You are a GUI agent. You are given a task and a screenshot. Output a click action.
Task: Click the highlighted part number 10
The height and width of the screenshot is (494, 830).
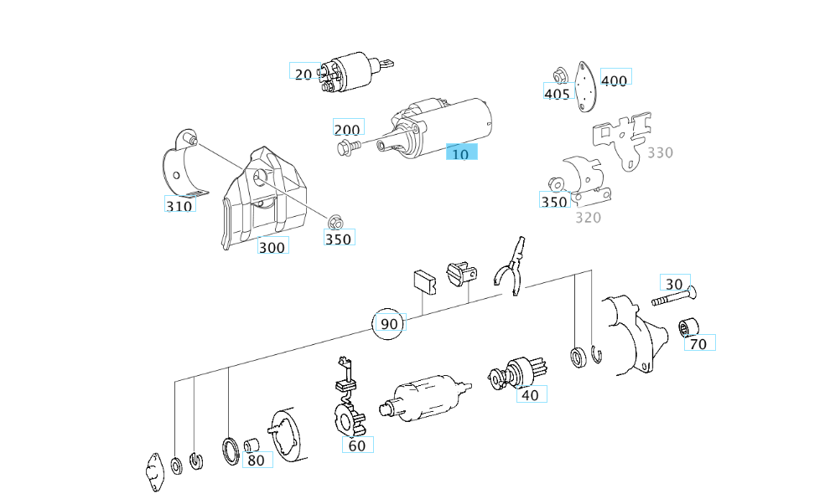(x=460, y=153)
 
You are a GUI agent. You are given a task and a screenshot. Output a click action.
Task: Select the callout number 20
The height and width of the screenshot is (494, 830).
(x=303, y=74)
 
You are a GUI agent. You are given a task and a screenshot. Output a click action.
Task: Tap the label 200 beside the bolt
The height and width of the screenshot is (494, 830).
(x=347, y=129)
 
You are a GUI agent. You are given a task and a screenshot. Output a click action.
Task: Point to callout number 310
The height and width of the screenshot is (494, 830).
(x=179, y=204)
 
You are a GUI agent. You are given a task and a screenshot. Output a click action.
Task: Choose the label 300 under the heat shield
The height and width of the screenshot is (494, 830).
(x=272, y=246)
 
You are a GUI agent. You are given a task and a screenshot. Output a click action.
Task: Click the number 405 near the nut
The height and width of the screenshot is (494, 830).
(x=557, y=93)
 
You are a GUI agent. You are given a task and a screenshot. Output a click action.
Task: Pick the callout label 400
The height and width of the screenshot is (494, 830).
(x=615, y=80)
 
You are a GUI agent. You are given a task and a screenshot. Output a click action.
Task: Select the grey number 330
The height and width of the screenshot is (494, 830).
(x=660, y=152)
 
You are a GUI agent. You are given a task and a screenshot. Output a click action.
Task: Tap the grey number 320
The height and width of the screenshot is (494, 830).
(x=588, y=218)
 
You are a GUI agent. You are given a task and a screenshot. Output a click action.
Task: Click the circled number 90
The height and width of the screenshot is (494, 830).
(x=389, y=323)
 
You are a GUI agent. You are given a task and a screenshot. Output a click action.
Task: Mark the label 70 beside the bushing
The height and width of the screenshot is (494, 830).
(x=698, y=342)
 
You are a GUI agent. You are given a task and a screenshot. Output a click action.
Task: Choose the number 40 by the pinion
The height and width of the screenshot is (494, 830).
(x=529, y=394)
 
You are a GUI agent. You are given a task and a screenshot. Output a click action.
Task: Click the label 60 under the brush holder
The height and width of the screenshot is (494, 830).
(x=357, y=445)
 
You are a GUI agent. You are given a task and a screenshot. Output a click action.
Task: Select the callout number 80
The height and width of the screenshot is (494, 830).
(x=256, y=459)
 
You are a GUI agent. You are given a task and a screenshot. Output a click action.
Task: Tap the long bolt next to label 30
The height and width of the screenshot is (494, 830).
(x=675, y=298)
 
